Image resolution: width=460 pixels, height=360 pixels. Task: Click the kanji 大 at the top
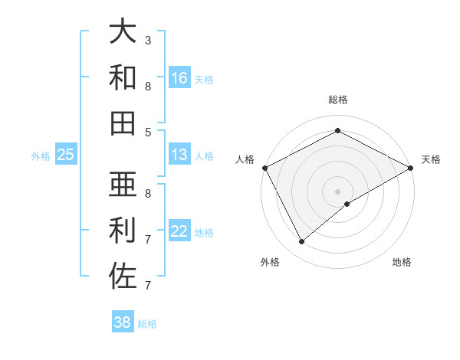123,31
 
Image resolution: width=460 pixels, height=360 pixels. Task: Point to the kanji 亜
123,184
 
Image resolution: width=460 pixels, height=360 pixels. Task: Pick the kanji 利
123,230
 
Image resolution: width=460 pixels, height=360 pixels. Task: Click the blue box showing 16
179,78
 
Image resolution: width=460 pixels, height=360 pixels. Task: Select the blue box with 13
179,155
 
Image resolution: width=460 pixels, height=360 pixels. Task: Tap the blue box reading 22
179,232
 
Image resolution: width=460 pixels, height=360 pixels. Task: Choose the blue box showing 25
66,155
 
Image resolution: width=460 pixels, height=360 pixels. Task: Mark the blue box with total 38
123,322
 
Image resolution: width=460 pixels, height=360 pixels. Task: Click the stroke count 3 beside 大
148,40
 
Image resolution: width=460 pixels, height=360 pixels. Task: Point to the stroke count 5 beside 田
148,132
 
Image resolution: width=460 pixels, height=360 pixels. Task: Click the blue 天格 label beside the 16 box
204,79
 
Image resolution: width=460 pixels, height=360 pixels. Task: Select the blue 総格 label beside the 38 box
147,323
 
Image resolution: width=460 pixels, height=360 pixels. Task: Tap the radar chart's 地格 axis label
402,262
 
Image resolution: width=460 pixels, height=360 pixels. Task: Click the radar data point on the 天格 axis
411,168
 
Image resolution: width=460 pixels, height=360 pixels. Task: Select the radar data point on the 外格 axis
301,242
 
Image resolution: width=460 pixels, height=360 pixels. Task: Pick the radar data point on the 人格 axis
264,167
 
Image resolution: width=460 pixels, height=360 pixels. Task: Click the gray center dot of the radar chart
338,190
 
